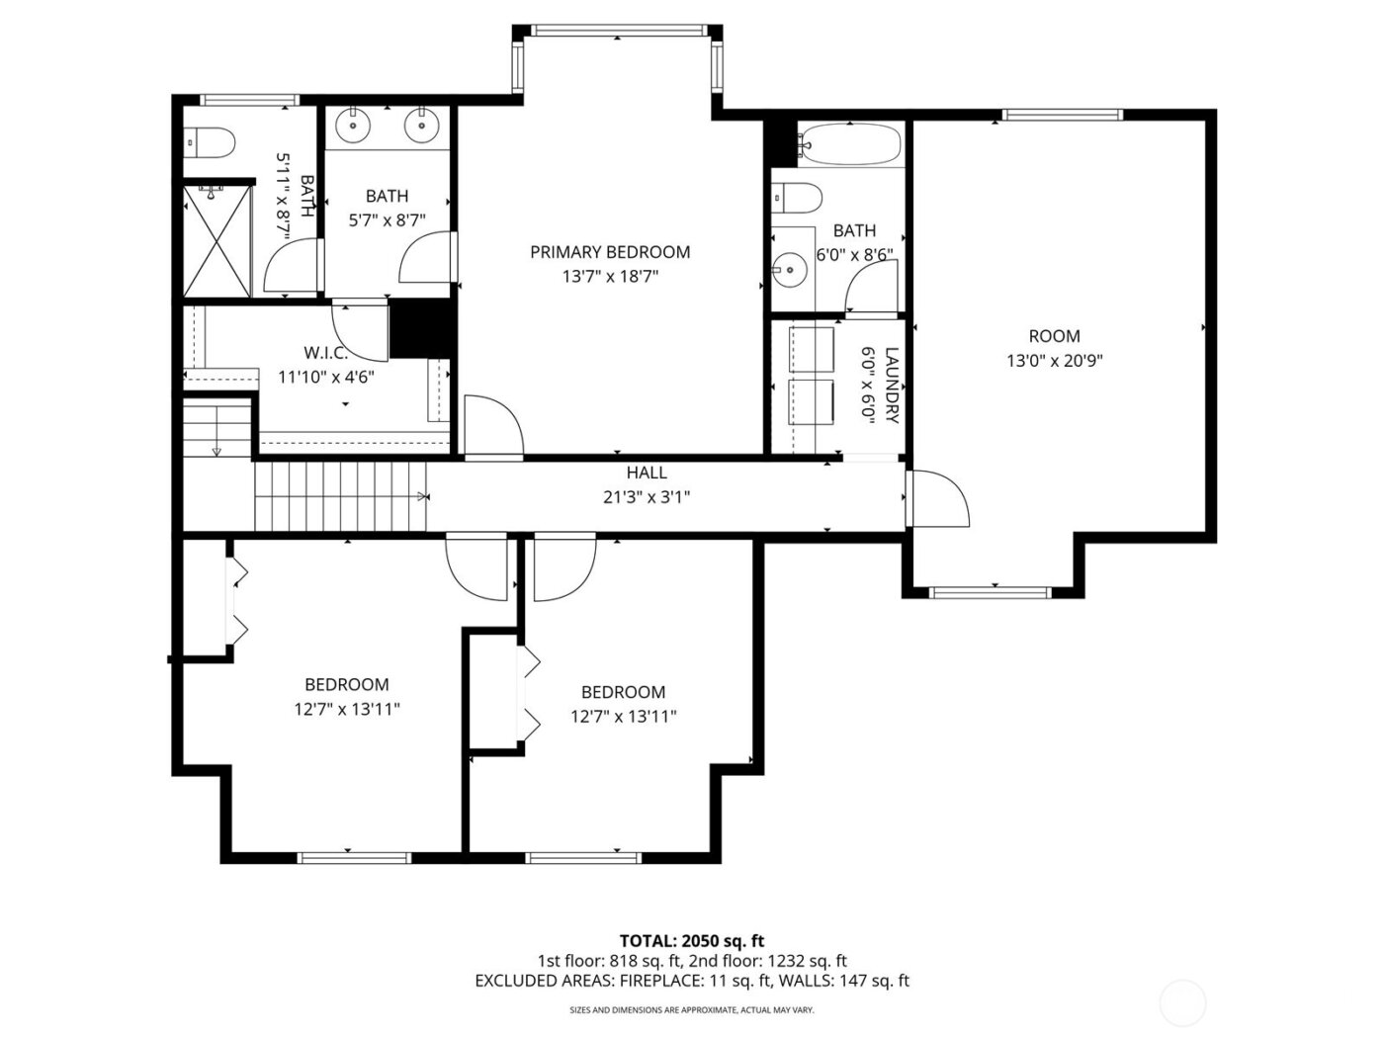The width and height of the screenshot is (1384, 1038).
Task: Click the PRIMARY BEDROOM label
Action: [609, 252]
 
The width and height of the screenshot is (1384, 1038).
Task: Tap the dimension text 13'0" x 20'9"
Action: [1054, 361]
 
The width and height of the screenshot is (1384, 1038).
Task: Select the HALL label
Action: [646, 474]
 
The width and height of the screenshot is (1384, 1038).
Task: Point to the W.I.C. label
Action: [325, 352]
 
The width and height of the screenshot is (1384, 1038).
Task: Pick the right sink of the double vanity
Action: [422, 125]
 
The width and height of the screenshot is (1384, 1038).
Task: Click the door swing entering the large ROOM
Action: [937, 499]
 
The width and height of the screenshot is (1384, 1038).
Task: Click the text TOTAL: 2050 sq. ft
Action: [691, 941]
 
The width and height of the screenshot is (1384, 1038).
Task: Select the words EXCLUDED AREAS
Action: [543, 981]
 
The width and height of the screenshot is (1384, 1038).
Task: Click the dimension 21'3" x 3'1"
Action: [646, 497]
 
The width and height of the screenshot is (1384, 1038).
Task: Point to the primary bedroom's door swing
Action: [491, 425]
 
